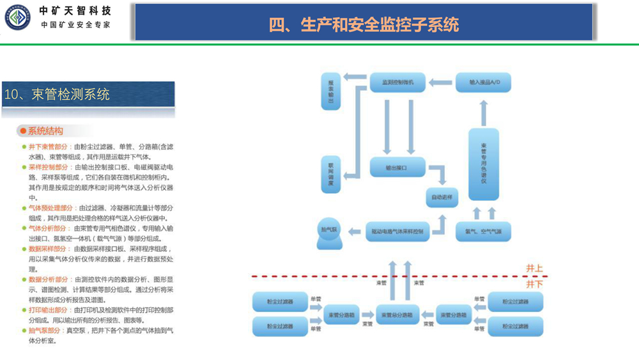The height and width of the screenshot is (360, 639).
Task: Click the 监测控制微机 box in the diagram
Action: pyautogui.click(x=398, y=82)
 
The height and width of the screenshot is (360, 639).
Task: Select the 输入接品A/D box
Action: pyautogui.click(x=483, y=82)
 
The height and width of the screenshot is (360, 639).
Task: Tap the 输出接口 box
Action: pyautogui.click(x=397, y=168)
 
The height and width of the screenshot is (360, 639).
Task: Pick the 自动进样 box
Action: pyautogui.click(x=443, y=197)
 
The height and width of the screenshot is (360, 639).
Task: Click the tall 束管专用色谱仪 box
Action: pyautogui.click(x=484, y=165)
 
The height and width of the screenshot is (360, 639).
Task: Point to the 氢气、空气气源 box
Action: pyautogui.click(x=483, y=231)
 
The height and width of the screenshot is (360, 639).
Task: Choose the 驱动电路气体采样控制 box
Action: pyautogui.click(x=397, y=231)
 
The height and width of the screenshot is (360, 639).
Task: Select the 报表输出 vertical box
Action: pyautogui.click(x=331, y=91)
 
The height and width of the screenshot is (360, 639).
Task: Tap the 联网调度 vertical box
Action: pyautogui.click(x=331, y=175)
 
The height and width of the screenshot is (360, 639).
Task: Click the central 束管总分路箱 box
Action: pyautogui.click(x=397, y=315)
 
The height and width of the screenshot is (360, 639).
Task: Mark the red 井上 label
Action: pyautogui.click(x=534, y=269)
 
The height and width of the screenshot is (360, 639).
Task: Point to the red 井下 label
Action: pyautogui.click(x=534, y=283)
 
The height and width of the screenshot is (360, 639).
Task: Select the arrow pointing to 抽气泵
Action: pyautogui.click(x=355, y=231)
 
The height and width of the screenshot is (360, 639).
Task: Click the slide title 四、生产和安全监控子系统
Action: pyautogui.click(x=364, y=24)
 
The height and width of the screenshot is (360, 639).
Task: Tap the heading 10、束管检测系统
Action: pyautogui.click(x=57, y=95)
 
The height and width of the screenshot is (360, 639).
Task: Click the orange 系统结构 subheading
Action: pyautogui.click(x=45, y=131)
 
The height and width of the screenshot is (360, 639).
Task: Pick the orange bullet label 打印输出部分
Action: pyautogui.click(x=47, y=309)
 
